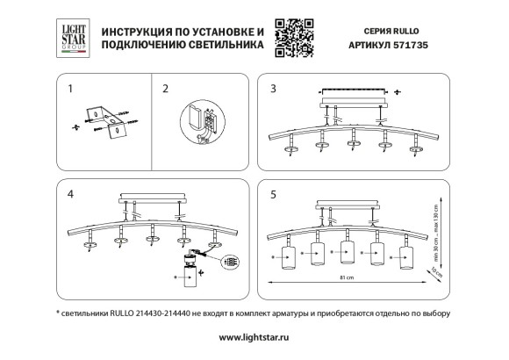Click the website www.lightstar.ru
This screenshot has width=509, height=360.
tap(254, 336)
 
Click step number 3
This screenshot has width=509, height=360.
tap(273, 89)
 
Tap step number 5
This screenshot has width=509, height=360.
tap(273, 194)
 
